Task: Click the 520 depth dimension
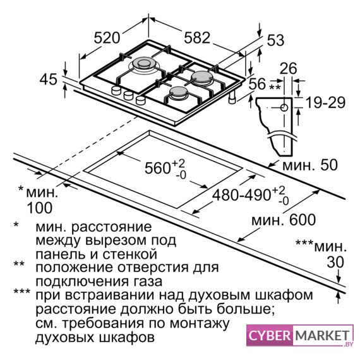(107, 38)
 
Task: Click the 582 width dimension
(197, 37)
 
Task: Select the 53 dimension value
(275, 40)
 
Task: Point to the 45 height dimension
(49, 80)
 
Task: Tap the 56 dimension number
(257, 83)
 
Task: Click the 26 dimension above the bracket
(289, 68)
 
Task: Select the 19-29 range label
(325, 103)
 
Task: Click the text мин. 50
(310, 165)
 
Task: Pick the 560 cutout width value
(157, 168)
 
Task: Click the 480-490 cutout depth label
(241, 196)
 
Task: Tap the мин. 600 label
(284, 220)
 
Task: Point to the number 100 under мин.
(40, 208)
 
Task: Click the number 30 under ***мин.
(335, 262)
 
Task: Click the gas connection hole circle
(285, 107)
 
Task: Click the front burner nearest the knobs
(178, 93)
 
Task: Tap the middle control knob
(128, 95)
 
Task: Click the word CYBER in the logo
(270, 336)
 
